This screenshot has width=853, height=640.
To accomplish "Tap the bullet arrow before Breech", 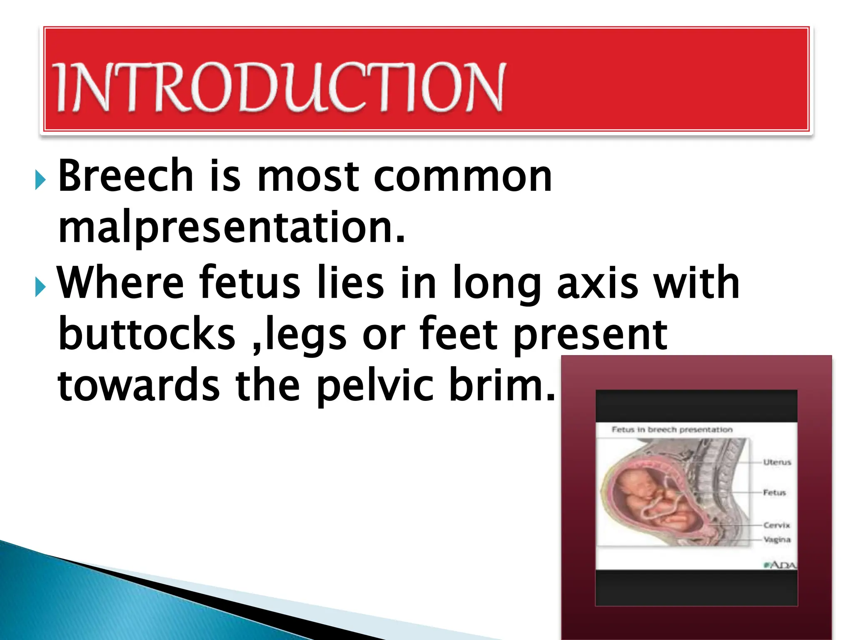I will pyautogui.click(x=40, y=180).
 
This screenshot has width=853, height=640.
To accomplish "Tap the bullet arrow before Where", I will pyautogui.click(x=40, y=287).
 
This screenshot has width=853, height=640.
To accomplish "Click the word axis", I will pyautogui.click(x=597, y=283).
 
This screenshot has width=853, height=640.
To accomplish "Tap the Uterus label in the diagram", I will pyautogui.click(x=777, y=462).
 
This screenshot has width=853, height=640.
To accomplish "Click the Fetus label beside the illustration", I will pyautogui.click(x=774, y=492).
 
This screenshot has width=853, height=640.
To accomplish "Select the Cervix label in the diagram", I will pyautogui.click(x=776, y=525).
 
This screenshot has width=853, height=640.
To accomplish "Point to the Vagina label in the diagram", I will pyautogui.click(x=777, y=540).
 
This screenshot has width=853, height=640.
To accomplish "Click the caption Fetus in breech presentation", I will pyautogui.click(x=672, y=430).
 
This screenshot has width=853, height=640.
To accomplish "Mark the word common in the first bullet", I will pyautogui.click(x=462, y=177).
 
